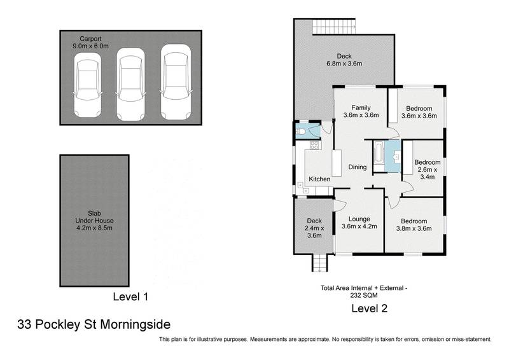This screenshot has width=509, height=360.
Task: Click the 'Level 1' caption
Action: pos(130,296)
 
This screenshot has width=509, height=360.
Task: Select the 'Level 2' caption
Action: pos(370,308)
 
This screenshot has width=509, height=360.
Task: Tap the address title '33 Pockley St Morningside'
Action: pos(94,324)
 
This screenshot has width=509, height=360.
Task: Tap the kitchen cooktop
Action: pos(314,145)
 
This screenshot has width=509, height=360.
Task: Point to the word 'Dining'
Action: pos(358,167)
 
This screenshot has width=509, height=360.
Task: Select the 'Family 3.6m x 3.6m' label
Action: pos(361,111)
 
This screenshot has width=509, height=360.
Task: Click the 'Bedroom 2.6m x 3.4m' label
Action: pos(427,169)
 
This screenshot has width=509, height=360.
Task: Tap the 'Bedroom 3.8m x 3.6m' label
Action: pos(414,225)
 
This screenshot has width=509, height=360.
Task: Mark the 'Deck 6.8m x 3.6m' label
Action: pos(344,59)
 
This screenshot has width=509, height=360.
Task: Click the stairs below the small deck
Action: pos(318,263)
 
